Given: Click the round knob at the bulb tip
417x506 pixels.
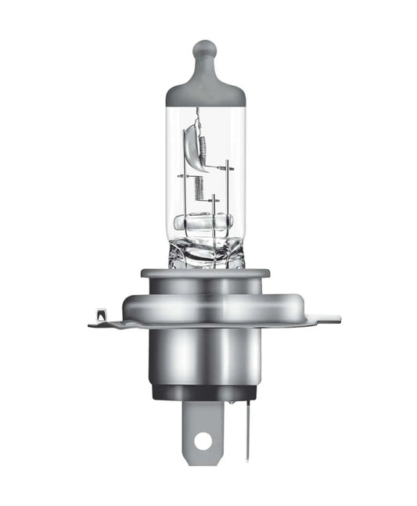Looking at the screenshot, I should tap(204, 49).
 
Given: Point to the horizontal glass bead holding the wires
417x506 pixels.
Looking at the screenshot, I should tap(205, 222).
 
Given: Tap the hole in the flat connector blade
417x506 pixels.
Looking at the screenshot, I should tap(203, 440).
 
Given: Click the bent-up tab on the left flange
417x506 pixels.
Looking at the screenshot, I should tap(100, 316).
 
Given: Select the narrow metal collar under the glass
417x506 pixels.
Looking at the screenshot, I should tap(205, 273).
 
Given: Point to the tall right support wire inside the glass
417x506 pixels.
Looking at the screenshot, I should tap(227, 196).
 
